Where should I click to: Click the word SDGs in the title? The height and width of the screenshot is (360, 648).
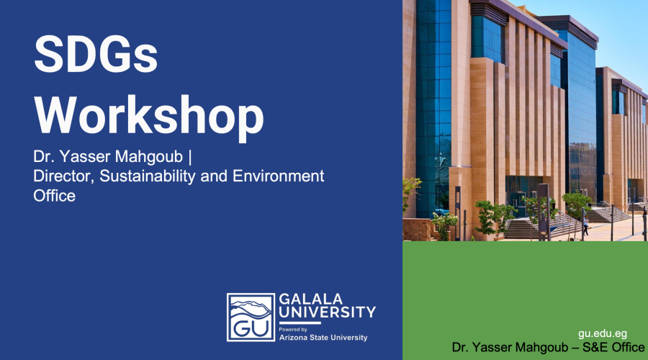point(96,55)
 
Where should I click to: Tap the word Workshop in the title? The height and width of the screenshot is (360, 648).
point(149,116)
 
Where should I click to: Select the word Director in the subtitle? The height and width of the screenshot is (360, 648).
point(64,176)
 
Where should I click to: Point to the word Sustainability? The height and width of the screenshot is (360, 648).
point(148,176)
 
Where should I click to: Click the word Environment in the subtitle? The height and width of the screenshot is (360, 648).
point(278,176)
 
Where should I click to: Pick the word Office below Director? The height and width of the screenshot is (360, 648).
point(54,196)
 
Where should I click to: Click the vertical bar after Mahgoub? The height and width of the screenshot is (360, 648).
point(189,157)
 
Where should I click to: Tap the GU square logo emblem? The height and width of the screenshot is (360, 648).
point(251,318)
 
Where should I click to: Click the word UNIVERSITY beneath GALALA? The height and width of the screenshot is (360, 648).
point(328,312)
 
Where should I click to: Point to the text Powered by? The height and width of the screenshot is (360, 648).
point(293,330)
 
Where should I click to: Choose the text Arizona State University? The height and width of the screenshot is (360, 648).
point(323,338)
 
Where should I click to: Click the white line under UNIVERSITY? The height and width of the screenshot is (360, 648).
point(300,323)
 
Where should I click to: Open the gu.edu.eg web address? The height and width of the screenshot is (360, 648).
point(603,334)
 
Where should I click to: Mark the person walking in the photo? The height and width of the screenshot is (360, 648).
point(585,225)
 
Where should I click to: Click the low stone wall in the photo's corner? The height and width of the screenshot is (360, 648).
point(418,230)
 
